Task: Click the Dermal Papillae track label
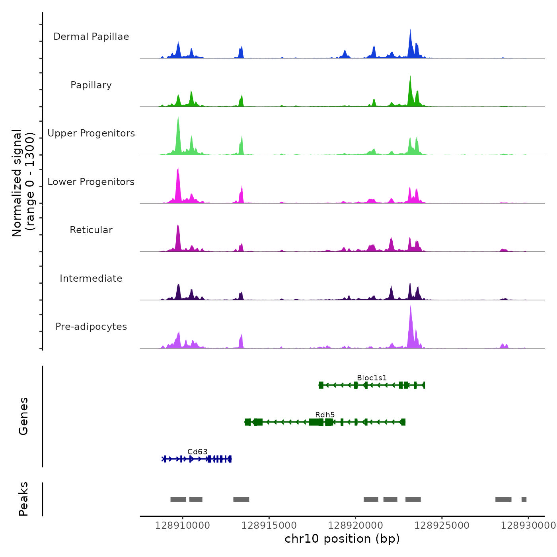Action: [91, 37]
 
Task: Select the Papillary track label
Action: [91, 85]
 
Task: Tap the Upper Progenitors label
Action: [91, 133]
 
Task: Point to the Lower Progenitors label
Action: [91, 182]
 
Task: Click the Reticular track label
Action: [91, 230]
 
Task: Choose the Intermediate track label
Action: [91, 278]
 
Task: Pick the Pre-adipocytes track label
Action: [91, 327]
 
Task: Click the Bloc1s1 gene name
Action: [372, 378]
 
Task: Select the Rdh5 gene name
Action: [325, 415]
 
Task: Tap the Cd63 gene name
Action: [197, 452]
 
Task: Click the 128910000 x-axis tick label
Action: [183, 526]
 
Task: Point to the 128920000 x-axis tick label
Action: [355, 526]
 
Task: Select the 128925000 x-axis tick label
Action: [442, 526]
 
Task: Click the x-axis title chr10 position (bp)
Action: [342, 539]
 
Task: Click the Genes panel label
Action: [23, 416]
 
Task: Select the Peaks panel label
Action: [23, 499]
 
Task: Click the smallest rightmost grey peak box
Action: [524, 499]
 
